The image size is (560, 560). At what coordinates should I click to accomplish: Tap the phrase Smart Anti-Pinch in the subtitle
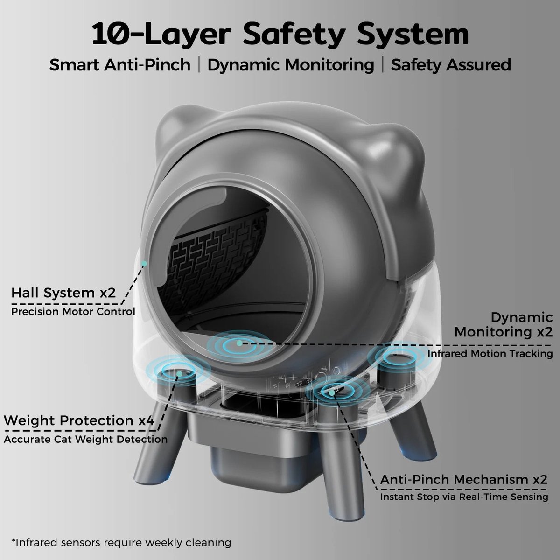pyautogui.click(x=120, y=64)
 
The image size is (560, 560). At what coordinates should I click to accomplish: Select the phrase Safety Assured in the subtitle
pyautogui.click(x=451, y=65)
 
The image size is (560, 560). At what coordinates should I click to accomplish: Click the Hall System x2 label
pyautogui.click(x=63, y=293)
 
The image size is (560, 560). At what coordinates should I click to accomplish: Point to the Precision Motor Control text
pyautogui.click(x=73, y=312)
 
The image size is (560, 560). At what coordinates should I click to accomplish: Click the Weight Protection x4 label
pyautogui.click(x=79, y=420)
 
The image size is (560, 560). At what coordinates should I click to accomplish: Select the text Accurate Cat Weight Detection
pyautogui.click(x=86, y=439)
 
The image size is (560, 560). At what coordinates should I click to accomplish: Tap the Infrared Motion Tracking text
pyautogui.click(x=490, y=354)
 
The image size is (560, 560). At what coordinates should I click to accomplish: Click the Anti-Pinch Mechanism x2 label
pyautogui.click(x=463, y=479)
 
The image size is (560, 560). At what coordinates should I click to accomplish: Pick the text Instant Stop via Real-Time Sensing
pyautogui.click(x=464, y=497)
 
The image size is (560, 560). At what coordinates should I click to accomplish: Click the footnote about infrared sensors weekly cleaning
pyautogui.click(x=121, y=543)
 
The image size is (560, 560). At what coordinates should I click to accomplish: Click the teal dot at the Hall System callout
pyautogui.click(x=144, y=263)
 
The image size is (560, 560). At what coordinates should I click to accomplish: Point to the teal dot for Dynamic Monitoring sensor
pyautogui.click(x=239, y=343)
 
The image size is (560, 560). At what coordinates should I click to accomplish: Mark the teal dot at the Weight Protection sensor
pyautogui.click(x=180, y=374)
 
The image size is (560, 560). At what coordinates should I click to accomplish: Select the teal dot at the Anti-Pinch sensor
pyautogui.click(x=332, y=393)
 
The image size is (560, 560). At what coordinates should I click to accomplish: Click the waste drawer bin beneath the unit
pyautogui.click(x=256, y=453)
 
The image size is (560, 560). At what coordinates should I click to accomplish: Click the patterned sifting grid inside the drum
pyautogui.click(x=215, y=256)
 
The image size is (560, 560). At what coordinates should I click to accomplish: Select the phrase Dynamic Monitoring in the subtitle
pyautogui.click(x=291, y=65)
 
